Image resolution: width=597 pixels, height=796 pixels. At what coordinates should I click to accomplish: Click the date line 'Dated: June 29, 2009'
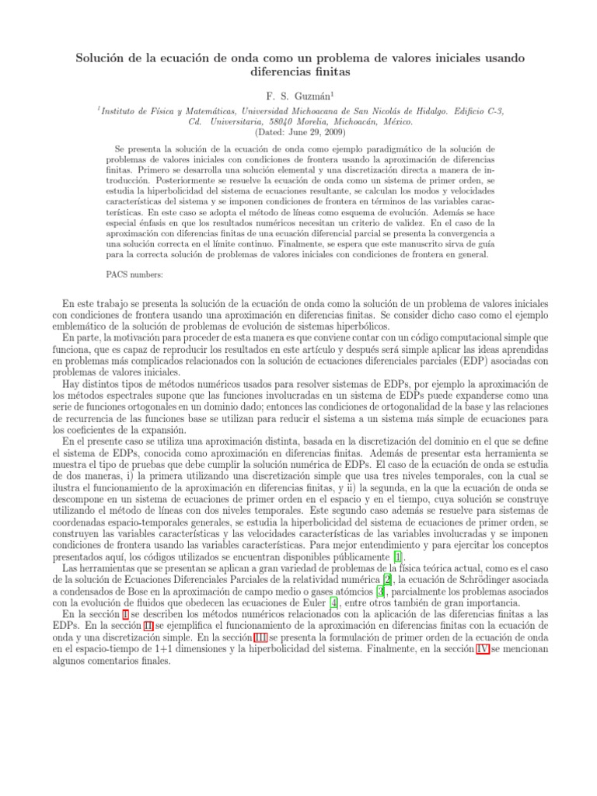click(298, 133)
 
